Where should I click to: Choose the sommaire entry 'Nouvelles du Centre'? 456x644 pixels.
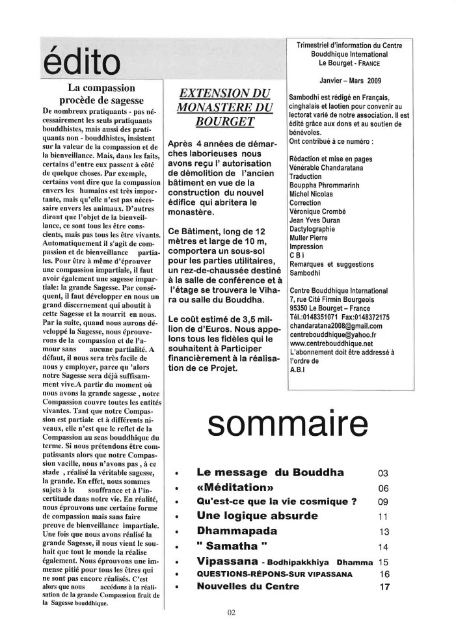[x=248, y=586]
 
